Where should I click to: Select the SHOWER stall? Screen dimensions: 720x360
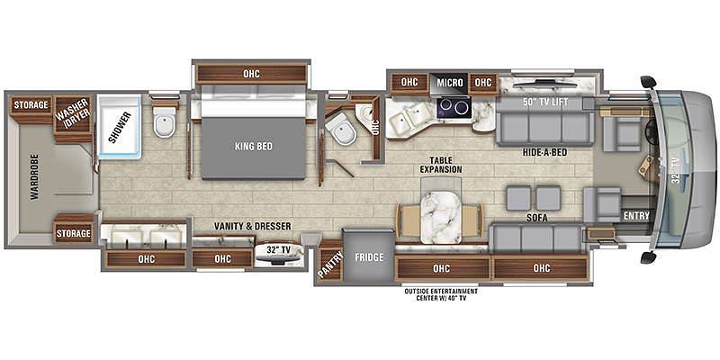coord(120,127)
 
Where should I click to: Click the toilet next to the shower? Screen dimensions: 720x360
coord(165,122)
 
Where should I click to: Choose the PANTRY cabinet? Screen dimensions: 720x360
coord(330,263)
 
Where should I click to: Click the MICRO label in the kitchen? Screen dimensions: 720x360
coord(449,83)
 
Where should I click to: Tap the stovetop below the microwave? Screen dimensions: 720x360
coord(453,108)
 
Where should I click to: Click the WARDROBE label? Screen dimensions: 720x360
coord(35,176)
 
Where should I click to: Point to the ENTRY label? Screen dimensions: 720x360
coord(637,216)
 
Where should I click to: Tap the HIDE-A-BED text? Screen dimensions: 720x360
coord(545,152)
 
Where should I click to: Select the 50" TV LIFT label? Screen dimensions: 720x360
coord(544,103)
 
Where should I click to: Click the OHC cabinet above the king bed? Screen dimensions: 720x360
coord(252,74)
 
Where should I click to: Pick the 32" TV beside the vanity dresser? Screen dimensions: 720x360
coord(280,255)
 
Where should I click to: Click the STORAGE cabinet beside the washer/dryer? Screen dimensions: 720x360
coord(31,105)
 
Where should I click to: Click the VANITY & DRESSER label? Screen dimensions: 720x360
coord(253,226)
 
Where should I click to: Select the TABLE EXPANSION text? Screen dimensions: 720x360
coord(439,165)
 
